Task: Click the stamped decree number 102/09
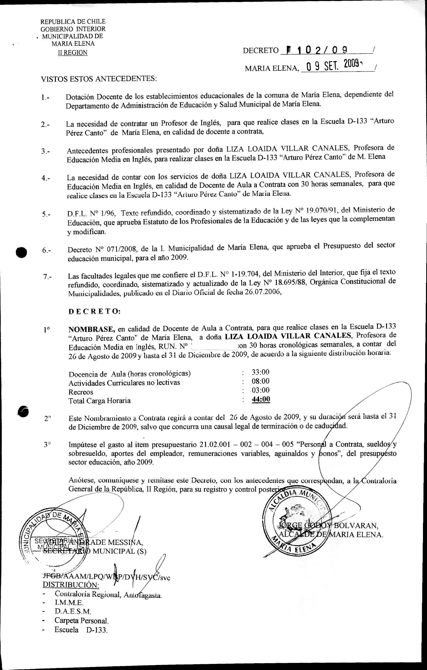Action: click(x=317, y=50)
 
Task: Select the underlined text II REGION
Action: click(x=72, y=53)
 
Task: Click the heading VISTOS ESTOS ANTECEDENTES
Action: click(x=99, y=79)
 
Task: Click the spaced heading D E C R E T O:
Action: click(x=94, y=311)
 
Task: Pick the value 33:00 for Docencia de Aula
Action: click(x=260, y=372)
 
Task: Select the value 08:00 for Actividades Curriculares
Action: click(x=260, y=381)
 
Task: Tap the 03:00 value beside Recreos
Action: click(x=260, y=390)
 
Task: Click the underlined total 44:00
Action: click(x=261, y=399)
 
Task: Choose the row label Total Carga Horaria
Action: click(x=99, y=401)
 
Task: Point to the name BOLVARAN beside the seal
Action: click(x=355, y=526)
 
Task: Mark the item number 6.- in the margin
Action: click(x=47, y=250)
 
